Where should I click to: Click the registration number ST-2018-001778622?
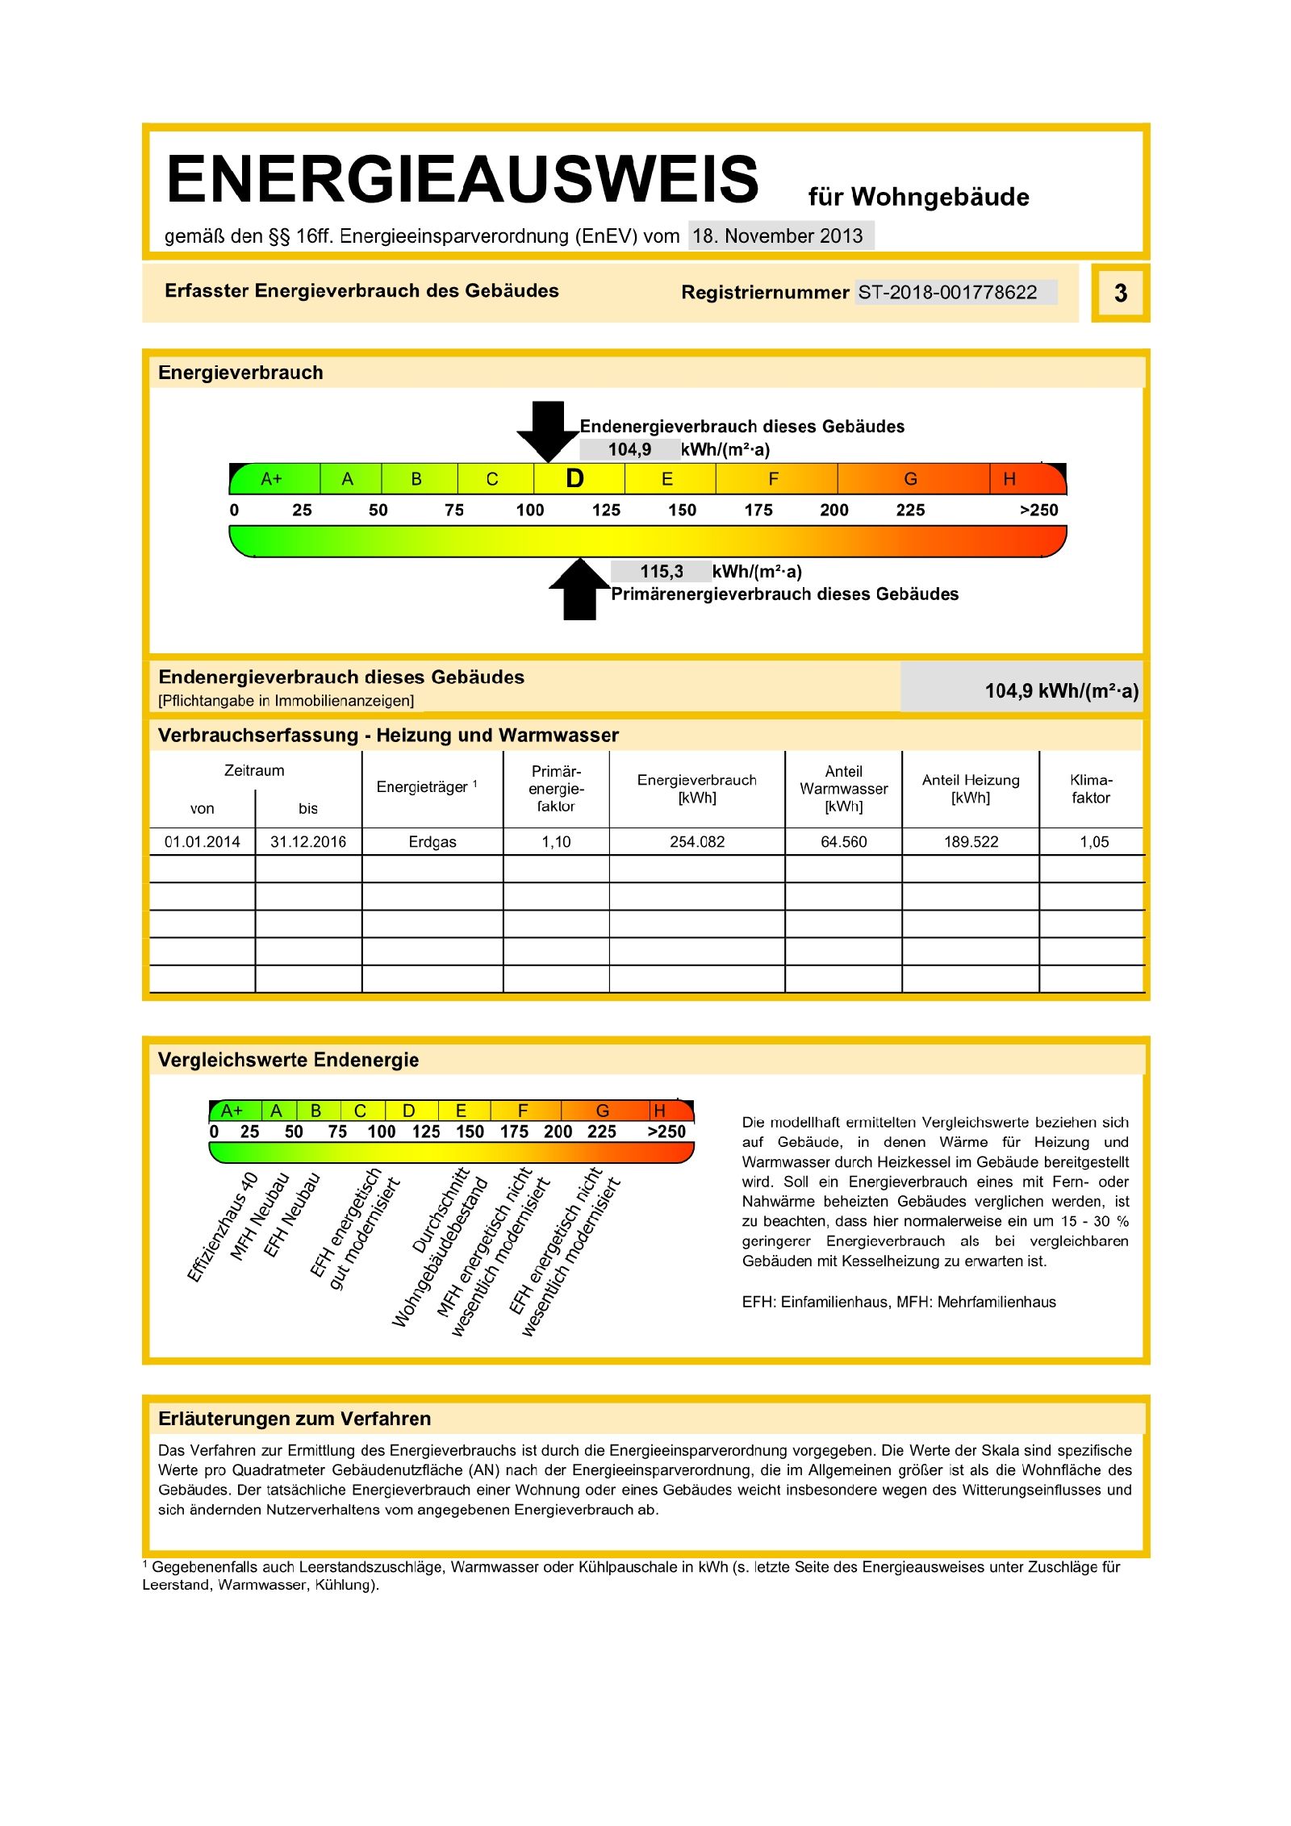(x=947, y=292)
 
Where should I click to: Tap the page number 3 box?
(x=1120, y=293)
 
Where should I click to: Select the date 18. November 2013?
(x=778, y=236)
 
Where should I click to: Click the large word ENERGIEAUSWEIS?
(x=462, y=179)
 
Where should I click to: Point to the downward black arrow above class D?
(x=548, y=430)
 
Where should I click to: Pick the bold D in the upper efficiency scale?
(x=574, y=479)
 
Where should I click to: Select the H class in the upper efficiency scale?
(x=1009, y=479)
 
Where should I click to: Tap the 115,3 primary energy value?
(x=662, y=572)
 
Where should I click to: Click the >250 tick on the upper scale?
(x=1038, y=510)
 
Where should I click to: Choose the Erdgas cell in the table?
(x=432, y=842)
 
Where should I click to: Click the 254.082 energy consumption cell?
(x=697, y=842)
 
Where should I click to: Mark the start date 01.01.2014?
(x=203, y=842)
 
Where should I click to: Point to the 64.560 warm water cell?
(x=843, y=842)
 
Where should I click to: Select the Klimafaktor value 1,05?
(x=1094, y=842)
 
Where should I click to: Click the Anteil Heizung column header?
(x=971, y=789)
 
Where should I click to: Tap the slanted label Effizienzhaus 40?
(x=223, y=1227)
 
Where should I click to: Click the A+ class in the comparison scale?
(x=232, y=1111)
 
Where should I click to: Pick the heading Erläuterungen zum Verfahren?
(x=295, y=1419)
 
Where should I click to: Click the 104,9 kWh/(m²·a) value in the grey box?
(x=1061, y=690)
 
